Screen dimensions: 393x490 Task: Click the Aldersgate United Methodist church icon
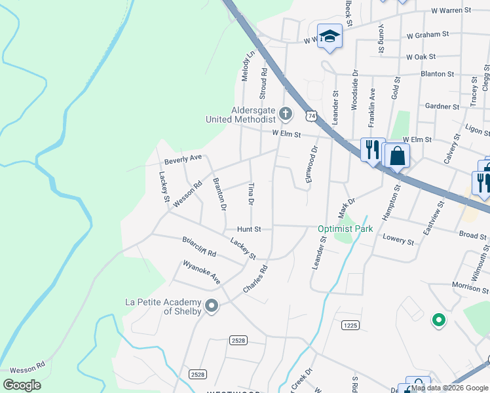[x=285, y=114]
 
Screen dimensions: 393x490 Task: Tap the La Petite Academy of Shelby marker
[x=212, y=306]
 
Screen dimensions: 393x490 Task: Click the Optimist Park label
[x=345, y=229]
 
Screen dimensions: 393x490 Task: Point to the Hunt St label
[x=249, y=229]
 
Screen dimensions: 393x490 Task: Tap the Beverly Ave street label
[x=183, y=159]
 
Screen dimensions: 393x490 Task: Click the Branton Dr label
[x=219, y=195]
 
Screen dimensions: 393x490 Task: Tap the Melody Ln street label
[x=246, y=66]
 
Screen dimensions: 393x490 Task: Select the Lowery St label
[x=399, y=242]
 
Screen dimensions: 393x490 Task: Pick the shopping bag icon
[x=396, y=156]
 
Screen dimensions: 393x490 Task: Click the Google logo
[x=22, y=385]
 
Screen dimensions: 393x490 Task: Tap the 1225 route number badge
[x=350, y=324]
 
